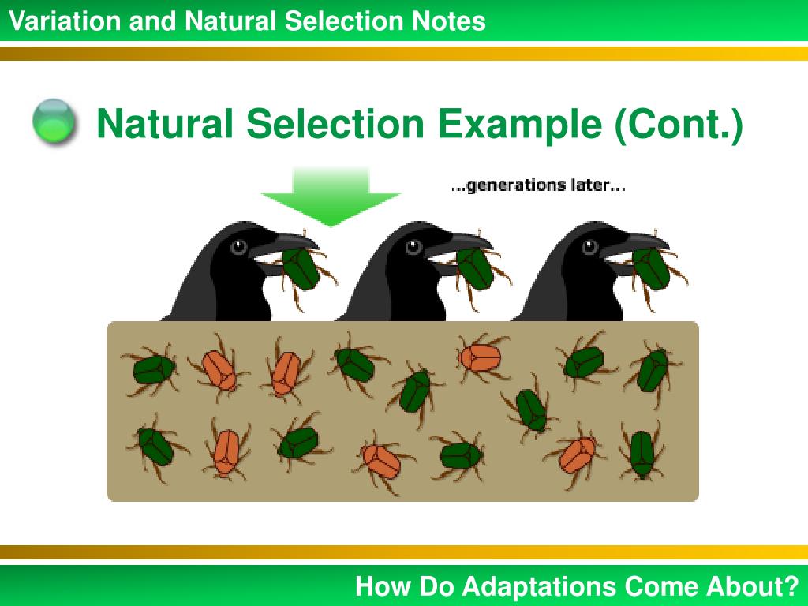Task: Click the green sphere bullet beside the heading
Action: pyautogui.click(x=54, y=123)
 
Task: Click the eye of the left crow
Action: pyautogui.click(x=238, y=247)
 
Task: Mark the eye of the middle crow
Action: pyautogui.click(x=414, y=247)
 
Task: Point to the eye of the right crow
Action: pyautogui.click(x=590, y=247)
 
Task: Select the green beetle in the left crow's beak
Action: pyautogui.click(x=301, y=269)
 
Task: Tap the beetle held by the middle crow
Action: pyautogui.click(x=476, y=269)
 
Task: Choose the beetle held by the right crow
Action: pyautogui.click(x=652, y=269)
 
